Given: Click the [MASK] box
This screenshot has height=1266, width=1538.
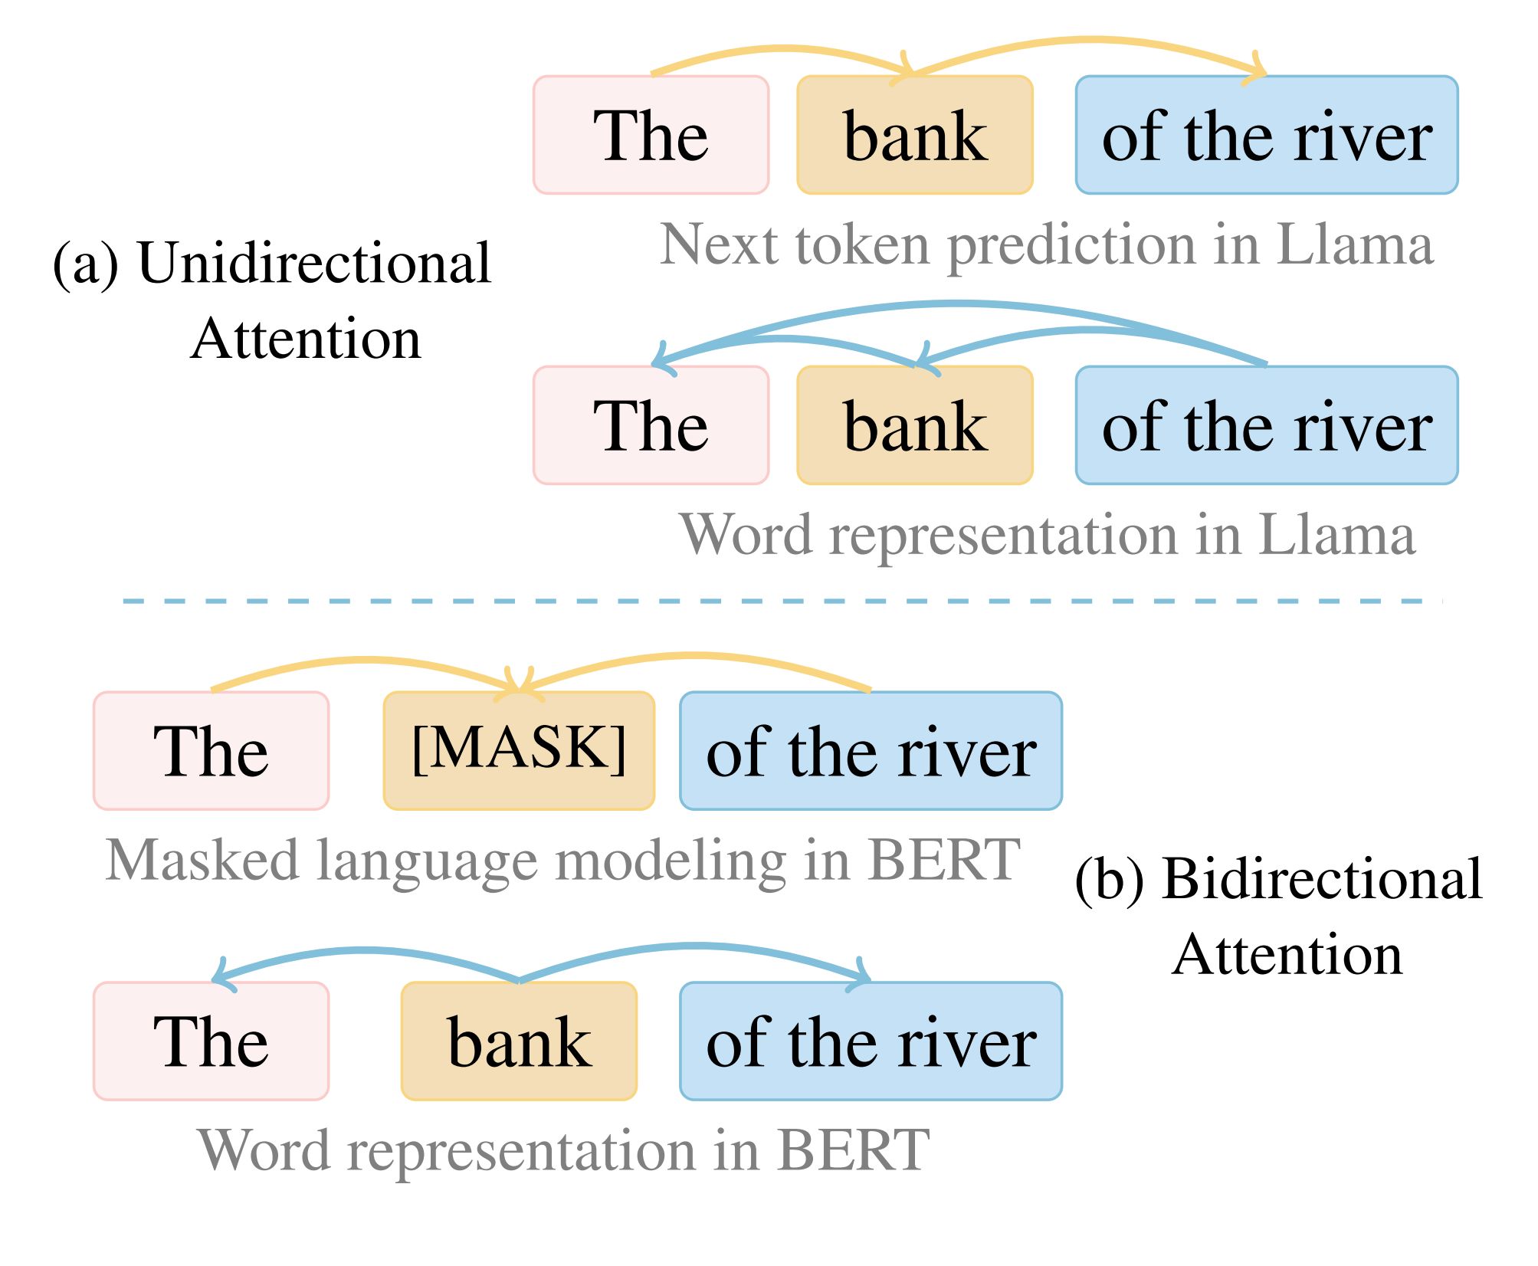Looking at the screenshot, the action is point(519,750).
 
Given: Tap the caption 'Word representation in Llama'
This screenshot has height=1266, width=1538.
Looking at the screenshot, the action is point(1048,535).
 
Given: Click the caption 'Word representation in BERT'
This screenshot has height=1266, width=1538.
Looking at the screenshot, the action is point(564,1150).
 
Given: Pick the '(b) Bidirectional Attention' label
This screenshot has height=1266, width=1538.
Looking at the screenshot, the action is point(1279,916).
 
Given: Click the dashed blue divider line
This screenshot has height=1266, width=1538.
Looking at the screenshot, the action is point(782,601).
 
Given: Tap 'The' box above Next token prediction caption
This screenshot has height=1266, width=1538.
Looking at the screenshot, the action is point(651,135).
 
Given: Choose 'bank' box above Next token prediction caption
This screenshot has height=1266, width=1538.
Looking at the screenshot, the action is point(915,135).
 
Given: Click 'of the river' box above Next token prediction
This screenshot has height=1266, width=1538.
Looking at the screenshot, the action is point(1267,135).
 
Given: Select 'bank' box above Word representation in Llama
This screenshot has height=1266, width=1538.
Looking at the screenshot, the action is point(915,425).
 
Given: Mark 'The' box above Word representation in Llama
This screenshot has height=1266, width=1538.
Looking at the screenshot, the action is point(651,425).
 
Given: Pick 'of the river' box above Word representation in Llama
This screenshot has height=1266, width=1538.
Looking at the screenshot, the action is point(1267,425).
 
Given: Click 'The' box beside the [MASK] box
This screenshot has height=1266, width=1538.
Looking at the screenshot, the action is point(212,750).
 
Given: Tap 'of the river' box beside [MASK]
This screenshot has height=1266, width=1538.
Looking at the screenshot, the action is point(871,750).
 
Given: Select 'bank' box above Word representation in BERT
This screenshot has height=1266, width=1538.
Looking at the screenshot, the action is point(519,1041).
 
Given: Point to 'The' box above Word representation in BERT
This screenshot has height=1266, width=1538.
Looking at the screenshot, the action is point(212,1041).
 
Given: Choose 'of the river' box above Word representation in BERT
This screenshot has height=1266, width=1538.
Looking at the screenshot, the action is point(871,1041).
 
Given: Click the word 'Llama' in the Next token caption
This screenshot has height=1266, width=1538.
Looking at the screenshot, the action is point(1355,244).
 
